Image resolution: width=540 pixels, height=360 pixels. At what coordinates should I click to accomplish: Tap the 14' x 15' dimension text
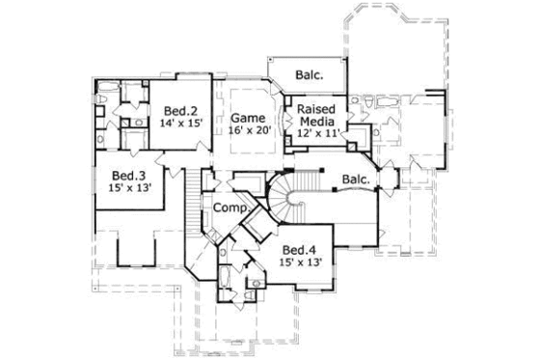180,124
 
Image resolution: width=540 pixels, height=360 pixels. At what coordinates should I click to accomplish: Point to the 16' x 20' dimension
248,132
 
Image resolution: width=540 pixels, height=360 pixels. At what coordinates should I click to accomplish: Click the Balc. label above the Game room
308,72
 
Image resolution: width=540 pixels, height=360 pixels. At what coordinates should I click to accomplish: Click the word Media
315,123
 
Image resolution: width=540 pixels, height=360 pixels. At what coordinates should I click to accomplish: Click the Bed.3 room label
128,175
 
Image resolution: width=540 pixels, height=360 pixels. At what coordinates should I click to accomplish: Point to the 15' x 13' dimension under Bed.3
128,189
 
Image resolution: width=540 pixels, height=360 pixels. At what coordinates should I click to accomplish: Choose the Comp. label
230,208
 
